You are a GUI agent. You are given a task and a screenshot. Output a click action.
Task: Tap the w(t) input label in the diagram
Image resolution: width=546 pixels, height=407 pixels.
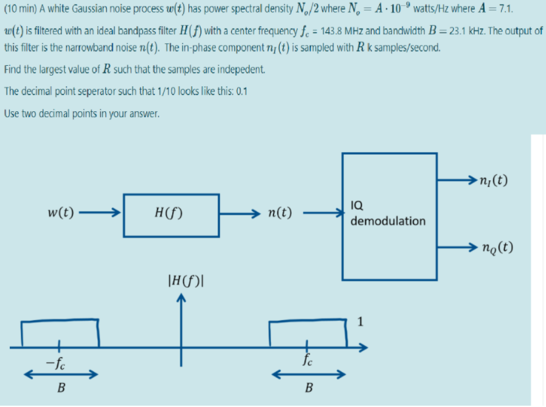[61, 213]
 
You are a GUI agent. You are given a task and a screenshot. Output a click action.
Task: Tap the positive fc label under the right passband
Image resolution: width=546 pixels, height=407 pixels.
[307, 360]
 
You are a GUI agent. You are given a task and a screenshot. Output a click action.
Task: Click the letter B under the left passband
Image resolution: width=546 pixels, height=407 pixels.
[61, 387]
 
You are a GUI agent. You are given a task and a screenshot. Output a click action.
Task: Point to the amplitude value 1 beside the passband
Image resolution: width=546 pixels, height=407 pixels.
[360, 322]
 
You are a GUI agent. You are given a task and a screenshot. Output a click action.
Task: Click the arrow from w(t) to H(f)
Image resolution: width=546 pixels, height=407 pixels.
[101, 213]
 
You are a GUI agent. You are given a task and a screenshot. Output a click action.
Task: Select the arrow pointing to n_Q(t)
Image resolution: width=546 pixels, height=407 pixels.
[457, 248]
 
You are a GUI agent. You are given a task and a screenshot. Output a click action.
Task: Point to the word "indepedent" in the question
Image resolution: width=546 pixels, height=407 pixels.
[241, 68]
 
